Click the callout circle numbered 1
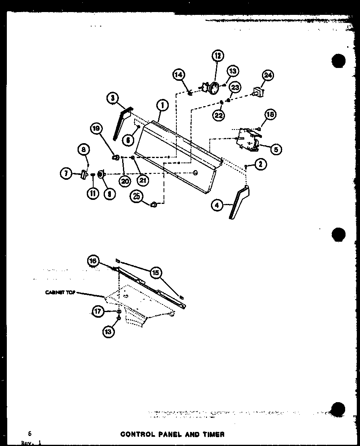(162, 105)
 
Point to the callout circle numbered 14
(179, 75)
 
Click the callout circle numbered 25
(137, 197)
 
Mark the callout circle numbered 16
(93, 261)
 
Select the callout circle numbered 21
(143, 181)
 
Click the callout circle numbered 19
(96, 129)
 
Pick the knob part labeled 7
(84, 174)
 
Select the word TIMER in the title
(213, 434)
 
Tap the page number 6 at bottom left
(30, 434)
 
